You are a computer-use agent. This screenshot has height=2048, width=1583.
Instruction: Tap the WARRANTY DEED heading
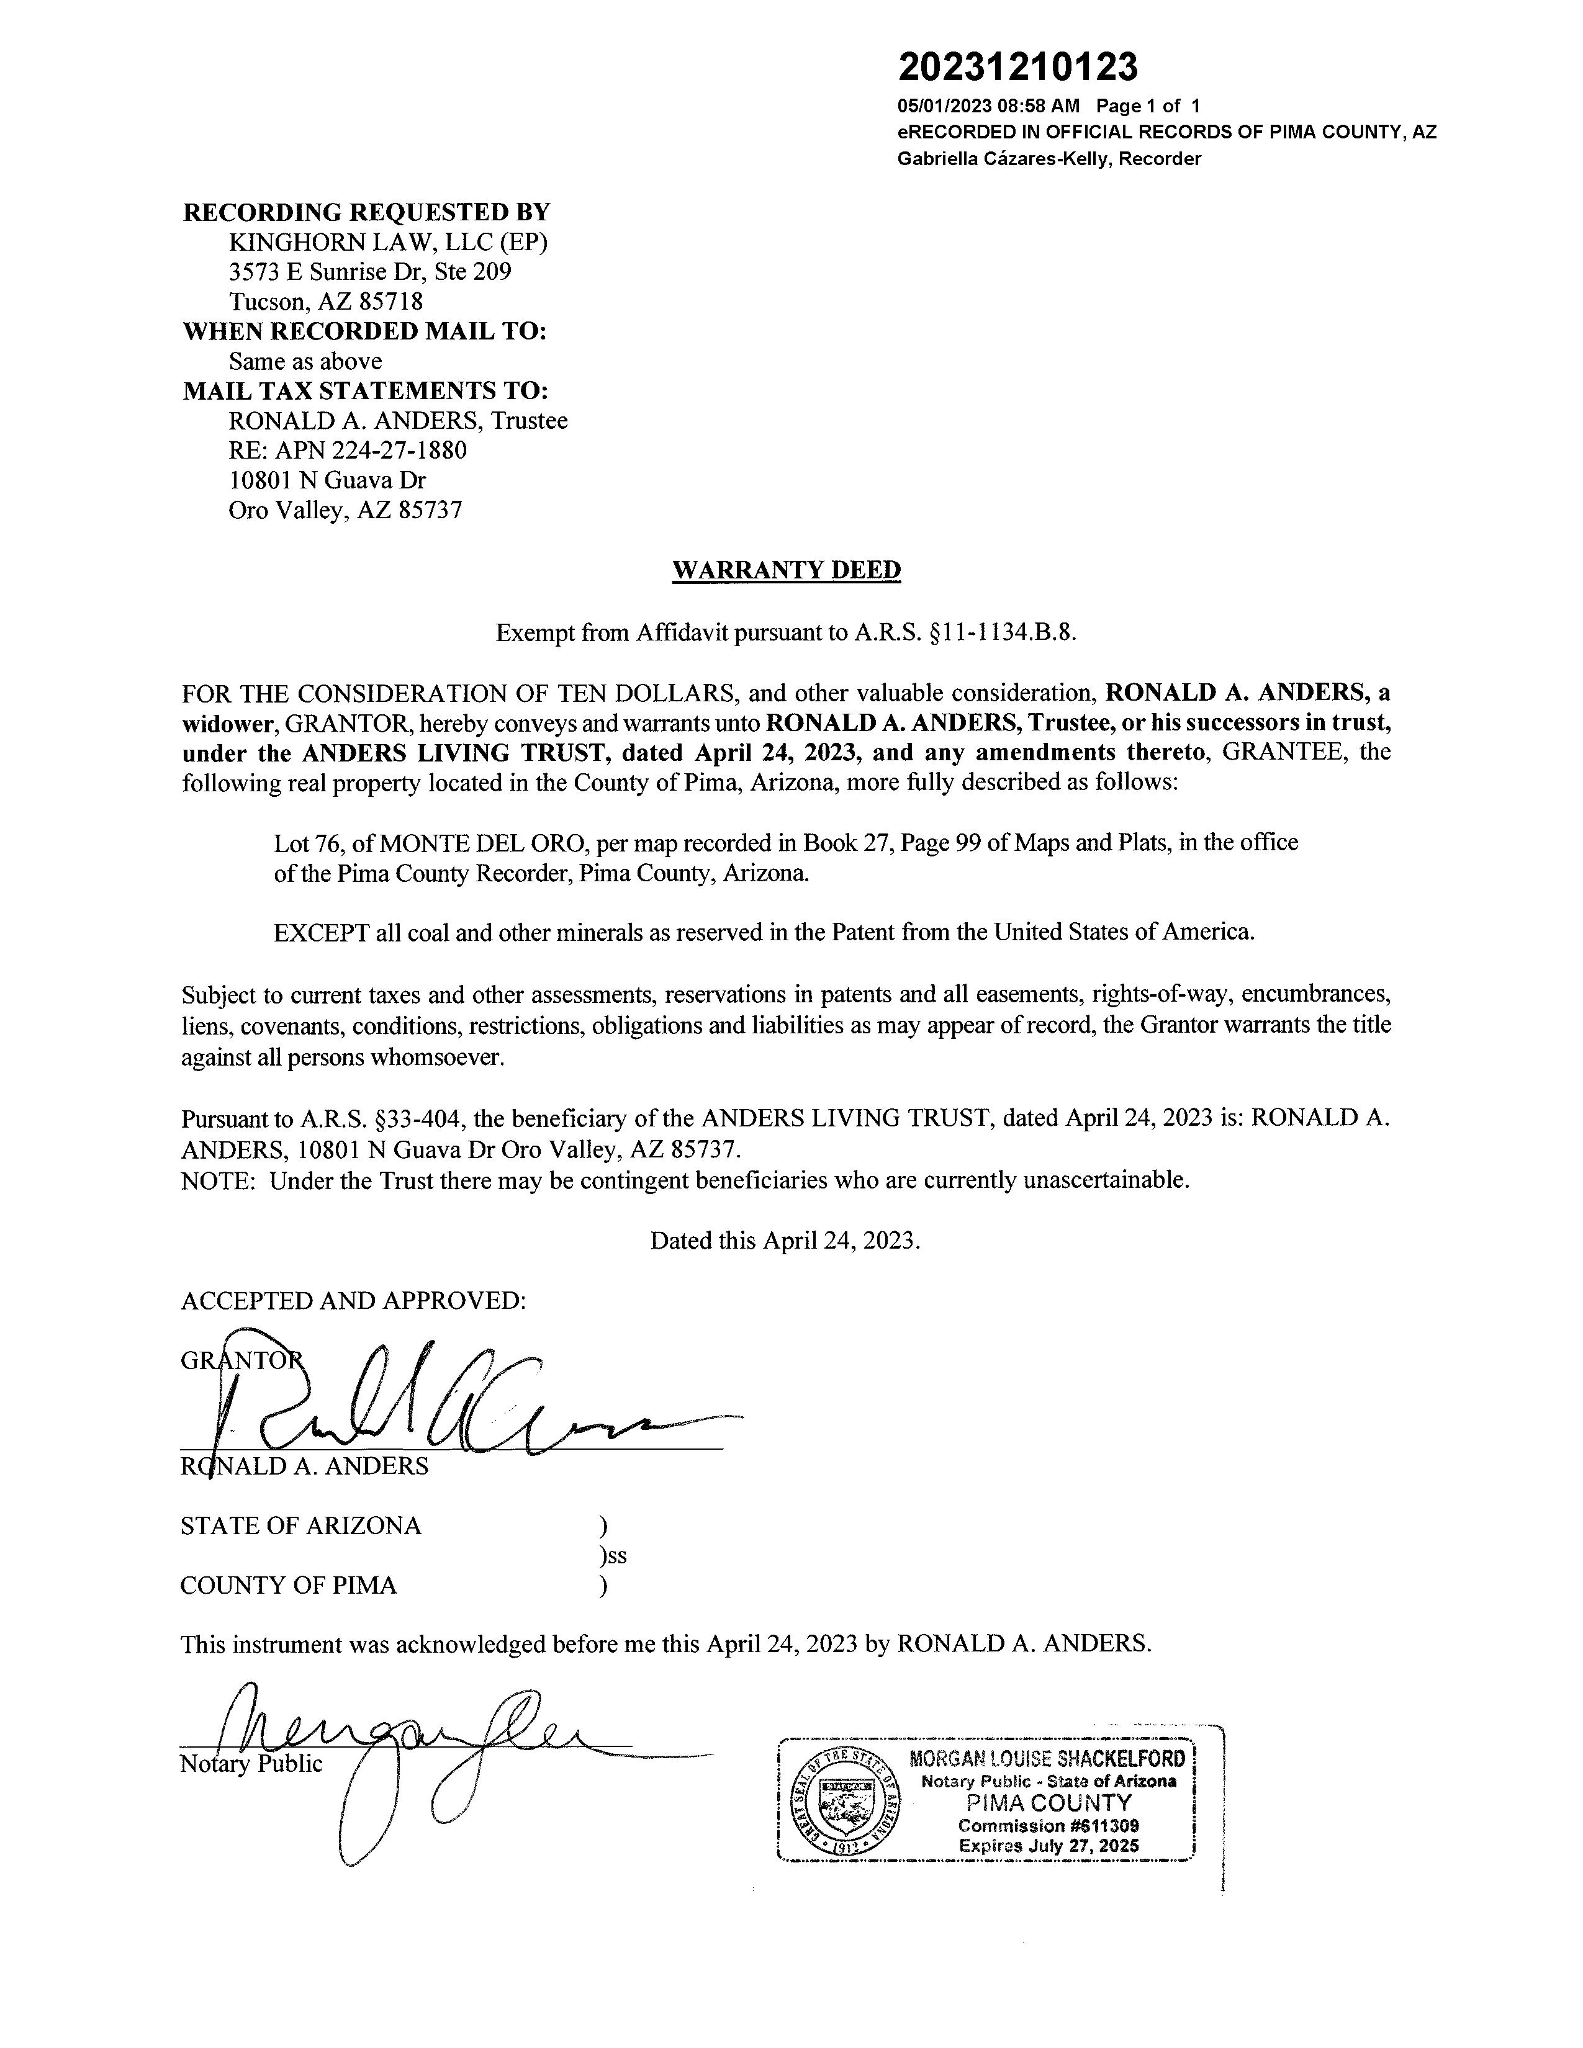point(786,570)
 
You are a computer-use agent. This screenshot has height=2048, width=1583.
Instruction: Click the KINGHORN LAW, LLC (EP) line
point(388,242)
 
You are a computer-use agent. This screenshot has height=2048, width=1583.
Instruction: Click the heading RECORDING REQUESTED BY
point(366,212)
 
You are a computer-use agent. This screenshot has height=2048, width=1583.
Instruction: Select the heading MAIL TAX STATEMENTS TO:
point(365,391)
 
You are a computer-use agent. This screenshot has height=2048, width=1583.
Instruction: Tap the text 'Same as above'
point(305,361)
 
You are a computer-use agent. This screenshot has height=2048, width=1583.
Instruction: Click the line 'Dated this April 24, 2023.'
point(785,1241)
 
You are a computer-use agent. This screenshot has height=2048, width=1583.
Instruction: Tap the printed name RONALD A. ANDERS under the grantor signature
point(305,1466)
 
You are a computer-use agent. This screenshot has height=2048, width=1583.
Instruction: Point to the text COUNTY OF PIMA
point(288,1586)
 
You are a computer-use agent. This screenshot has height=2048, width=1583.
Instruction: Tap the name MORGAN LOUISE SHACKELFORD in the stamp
point(1047,1758)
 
